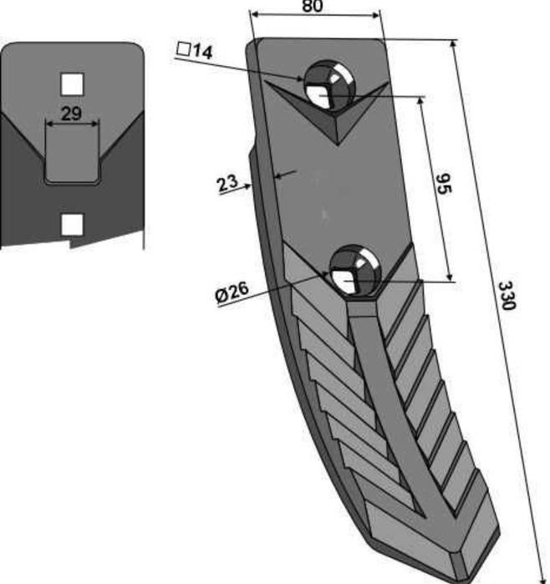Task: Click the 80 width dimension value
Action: click(313, 6)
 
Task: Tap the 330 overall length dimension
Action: click(507, 296)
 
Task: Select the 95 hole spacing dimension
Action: click(444, 184)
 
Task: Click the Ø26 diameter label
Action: click(232, 292)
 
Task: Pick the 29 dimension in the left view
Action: click(71, 114)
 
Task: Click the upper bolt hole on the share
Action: click(328, 85)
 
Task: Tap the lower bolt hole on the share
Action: click(354, 271)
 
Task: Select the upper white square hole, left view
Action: click(72, 84)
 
